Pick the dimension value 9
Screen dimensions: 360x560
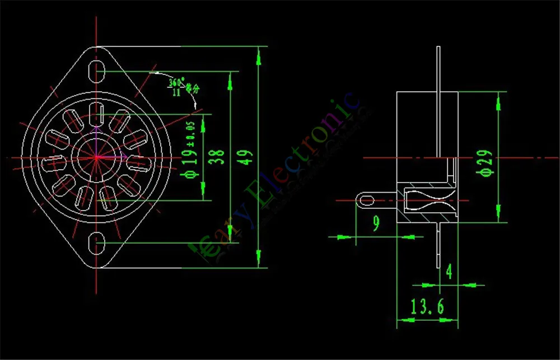pos(376,224)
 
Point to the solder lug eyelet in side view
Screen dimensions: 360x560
pos(367,200)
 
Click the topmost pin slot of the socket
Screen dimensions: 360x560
pos(97,113)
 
